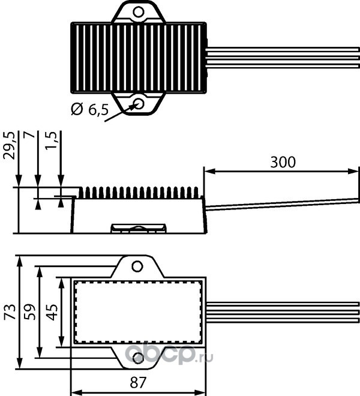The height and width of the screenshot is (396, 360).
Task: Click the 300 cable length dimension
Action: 283,162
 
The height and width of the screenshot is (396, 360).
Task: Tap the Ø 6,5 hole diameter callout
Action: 89,109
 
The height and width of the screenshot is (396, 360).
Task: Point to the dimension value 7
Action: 28,139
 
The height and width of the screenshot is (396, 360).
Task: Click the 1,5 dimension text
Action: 51,142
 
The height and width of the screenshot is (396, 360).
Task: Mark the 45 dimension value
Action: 52,311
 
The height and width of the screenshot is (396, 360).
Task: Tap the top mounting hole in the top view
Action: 139,11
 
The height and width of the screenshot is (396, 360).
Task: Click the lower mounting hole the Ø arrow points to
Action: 139,103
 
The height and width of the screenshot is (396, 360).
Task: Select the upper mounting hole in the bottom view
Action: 138,266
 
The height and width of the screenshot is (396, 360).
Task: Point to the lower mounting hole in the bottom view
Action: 138,358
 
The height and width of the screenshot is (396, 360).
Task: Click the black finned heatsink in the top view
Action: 139,57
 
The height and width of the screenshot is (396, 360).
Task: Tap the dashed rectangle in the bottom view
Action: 138,312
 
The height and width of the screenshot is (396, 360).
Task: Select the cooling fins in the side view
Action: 140,192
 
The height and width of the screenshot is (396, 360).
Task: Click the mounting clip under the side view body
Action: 138,228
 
